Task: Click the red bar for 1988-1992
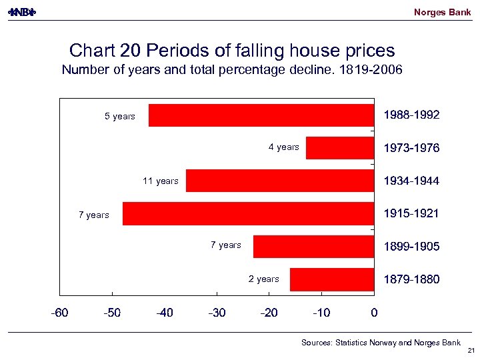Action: coord(261,115)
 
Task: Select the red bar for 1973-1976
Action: coord(340,148)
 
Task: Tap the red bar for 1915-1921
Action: coord(248,214)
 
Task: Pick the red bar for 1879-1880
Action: coord(332,279)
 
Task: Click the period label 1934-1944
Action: coord(411,181)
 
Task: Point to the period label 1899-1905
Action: coord(411,247)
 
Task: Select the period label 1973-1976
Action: coord(411,148)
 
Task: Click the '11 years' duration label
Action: coord(161,181)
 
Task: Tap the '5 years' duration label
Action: coord(120,117)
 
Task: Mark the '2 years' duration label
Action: coord(264,279)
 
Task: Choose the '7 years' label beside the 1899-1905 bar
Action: coord(226,245)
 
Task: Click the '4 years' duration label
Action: coord(284,147)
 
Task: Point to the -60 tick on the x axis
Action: coord(60,312)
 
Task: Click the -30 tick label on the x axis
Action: coord(217,312)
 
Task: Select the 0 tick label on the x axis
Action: coord(374,312)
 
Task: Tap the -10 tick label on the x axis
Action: coord(321,312)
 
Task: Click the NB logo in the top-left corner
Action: coord(21,12)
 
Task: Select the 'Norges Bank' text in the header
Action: coord(442,12)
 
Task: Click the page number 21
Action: coord(471,351)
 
